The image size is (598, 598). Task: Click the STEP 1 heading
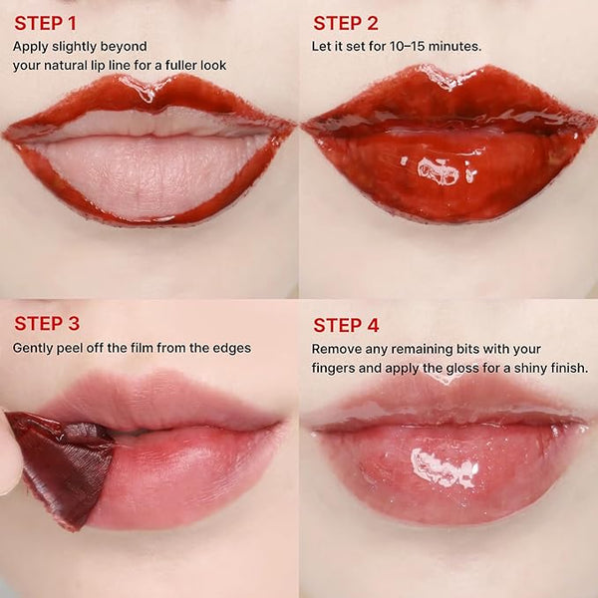(x=45, y=23)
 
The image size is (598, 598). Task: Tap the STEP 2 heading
(x=346, y=23)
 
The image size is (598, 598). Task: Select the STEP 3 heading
(x=47, y=323)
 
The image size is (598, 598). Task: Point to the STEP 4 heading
(x=346, y=325)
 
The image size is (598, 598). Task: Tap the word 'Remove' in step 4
(x=337, y=349)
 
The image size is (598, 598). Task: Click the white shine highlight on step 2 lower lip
(x=439, y=171)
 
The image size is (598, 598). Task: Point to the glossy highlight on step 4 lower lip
(x=446, y=466)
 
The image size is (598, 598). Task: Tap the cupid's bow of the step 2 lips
(x=448, y=83)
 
